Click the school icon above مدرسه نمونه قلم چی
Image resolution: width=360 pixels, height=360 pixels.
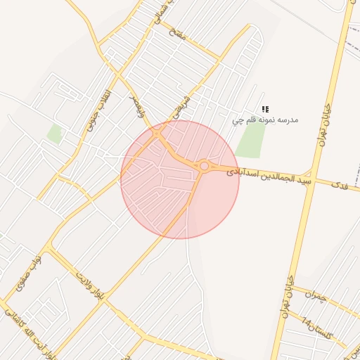(266, 109)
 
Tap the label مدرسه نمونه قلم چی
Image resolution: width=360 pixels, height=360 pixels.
(266, 120)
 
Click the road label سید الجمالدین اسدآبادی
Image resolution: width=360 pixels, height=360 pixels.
(269, 176)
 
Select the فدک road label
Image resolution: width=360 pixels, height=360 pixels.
(339, 186)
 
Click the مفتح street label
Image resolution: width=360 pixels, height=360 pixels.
(178, 33)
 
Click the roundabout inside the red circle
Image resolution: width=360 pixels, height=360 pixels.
(204, 166)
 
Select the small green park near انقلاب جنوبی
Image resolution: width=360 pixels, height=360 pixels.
(54, 133)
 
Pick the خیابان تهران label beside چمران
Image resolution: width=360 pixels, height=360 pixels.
(287, 297)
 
